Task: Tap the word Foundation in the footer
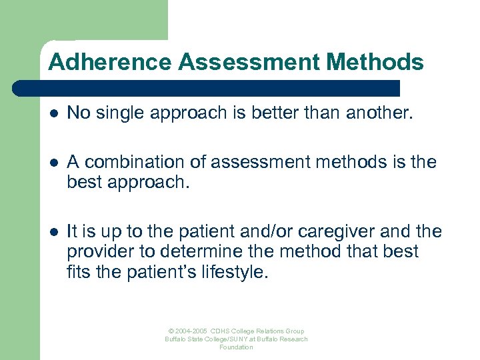[237, 347]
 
